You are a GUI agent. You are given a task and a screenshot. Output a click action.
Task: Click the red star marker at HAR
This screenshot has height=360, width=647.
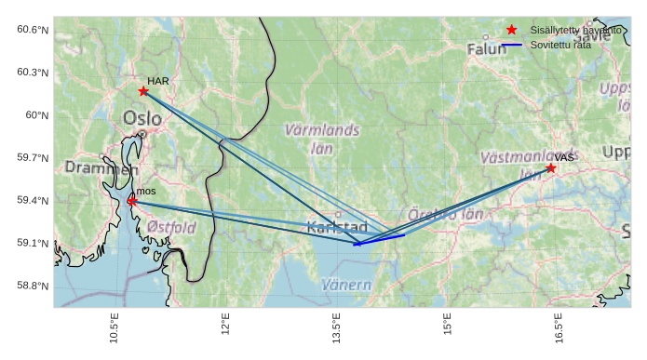coord(143,91)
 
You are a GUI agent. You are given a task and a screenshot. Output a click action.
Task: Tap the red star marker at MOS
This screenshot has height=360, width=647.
coord(131,201)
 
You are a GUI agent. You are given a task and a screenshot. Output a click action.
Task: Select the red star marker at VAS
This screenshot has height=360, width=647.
coord(551,168)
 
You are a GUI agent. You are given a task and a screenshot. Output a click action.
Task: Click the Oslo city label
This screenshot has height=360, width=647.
coord(142,119)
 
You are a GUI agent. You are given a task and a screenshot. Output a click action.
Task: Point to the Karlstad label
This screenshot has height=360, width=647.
coord(337,227)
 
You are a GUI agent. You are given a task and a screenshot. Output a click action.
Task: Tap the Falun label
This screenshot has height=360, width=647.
coord(486,48)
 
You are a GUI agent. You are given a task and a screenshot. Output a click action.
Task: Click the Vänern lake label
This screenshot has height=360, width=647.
coord(346,285)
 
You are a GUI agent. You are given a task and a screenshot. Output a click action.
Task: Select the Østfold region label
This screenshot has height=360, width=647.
coord(171,227)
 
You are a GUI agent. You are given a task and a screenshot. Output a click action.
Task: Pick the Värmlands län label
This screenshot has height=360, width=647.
coord(322,139)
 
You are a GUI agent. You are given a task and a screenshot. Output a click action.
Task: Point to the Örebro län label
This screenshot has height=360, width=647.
coord(445,215)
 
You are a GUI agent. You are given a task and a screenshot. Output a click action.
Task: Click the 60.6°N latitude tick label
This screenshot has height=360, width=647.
coord(33,30)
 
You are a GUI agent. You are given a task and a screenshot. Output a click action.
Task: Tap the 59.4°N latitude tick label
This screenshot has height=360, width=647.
coord(33,201)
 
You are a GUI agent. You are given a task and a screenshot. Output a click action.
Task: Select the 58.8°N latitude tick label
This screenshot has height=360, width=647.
coord(33,286)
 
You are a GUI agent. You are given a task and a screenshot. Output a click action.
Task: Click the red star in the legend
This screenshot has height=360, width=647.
coord(511,31)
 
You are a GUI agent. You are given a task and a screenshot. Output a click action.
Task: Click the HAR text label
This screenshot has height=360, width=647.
coord(158,81)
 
